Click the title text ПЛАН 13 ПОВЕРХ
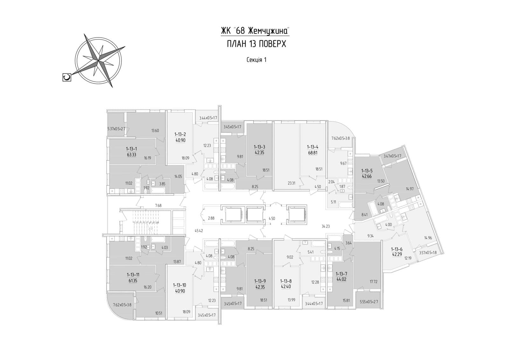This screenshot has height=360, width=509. (x=256, y=44)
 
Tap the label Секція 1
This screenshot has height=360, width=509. (x=256, y=60)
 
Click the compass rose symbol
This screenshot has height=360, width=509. (x=98, y=61)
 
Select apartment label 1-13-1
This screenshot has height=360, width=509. (x=132, y=149)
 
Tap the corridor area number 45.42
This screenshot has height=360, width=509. (x=199, y=230)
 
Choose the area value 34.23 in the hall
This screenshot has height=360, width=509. (x=326, y=226)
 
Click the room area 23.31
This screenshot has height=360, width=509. (x=291, y=183)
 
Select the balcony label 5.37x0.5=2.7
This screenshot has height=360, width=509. (x=116, y=129)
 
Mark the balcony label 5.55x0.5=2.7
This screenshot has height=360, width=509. (x=369, y=302)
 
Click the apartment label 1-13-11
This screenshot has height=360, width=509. (x=132, y=275)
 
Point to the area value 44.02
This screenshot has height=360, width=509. (x=341, y=279)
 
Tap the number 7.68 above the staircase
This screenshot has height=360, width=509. (x=158, y=206)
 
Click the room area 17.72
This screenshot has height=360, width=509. (x=373, y=282)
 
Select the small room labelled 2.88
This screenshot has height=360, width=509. (x=211, y=218)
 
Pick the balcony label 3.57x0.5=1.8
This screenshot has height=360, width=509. (x=428, y=252)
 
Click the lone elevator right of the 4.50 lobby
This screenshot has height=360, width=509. (x=296, y=215)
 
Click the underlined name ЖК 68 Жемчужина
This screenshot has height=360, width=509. (x=255, y=31)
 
